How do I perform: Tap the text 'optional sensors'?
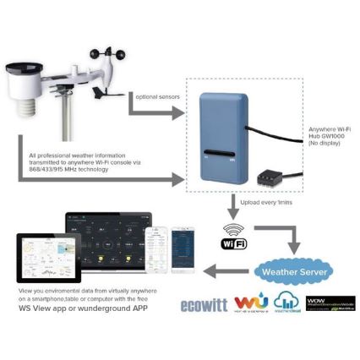156,98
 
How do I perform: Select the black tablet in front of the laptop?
42,259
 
